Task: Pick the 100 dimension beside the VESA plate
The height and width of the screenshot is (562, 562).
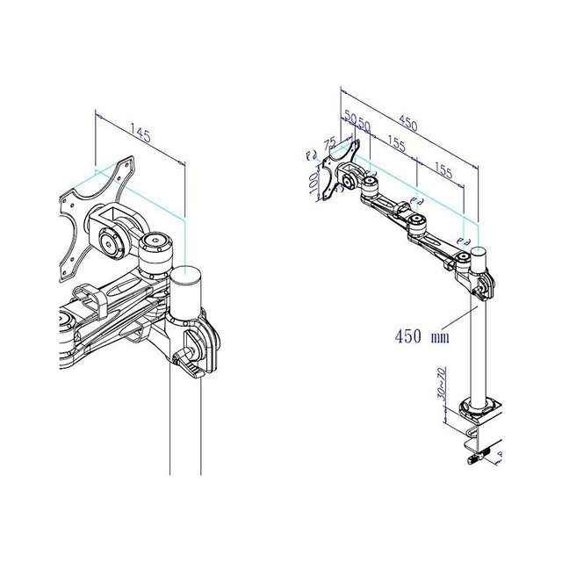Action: point(314,183)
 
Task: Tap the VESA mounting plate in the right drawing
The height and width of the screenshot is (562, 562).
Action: point(334,176)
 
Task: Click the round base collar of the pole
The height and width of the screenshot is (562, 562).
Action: point(479,407)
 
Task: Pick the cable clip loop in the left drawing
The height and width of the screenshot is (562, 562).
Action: point(90,297)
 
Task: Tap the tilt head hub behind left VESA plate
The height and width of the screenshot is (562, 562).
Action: point(112,242)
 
